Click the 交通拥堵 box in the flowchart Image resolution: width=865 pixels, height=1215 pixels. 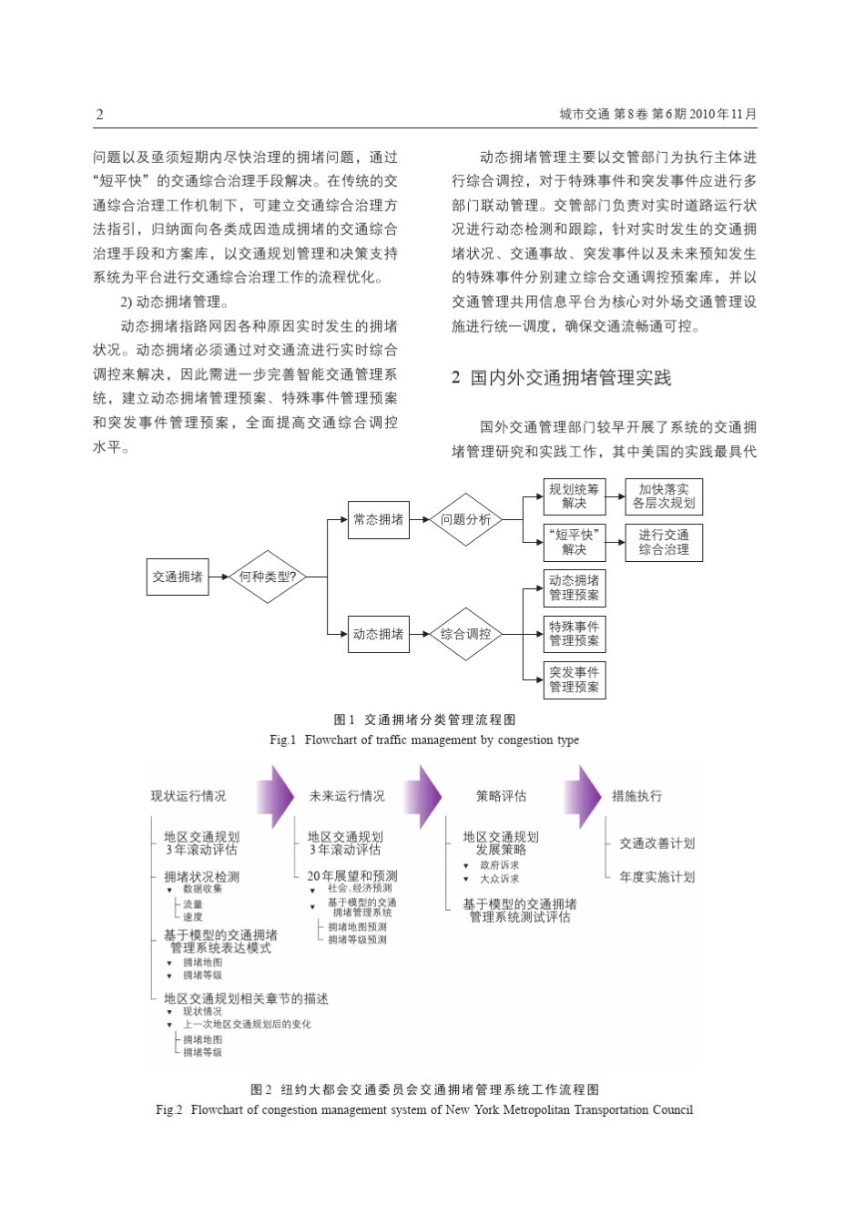[x=178, y=577]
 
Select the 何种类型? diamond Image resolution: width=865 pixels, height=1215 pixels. [x=267, y=577]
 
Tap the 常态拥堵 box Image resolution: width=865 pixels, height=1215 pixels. [x=378, y=519]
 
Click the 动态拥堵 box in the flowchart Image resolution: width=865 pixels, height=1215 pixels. [x=378, y=634]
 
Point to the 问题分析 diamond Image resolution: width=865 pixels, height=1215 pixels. [x=465, y=519]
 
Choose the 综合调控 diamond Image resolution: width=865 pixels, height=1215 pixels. [x=465, y=634]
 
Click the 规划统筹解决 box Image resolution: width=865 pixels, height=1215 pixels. [x=574, y=496]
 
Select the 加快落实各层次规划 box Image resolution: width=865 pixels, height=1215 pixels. [x=664, y=496]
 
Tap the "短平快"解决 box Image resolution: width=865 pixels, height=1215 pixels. [x=574, y=542]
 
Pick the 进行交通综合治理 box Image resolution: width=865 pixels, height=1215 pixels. [x=664, y=542]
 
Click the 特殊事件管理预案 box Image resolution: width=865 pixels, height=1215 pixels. [x=574, y=634]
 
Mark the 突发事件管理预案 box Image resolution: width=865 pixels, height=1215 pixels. [x=574, y=679]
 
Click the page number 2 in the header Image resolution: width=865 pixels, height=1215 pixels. [x=99, y=114]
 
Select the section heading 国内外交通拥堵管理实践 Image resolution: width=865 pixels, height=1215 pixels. [x=571, y=378]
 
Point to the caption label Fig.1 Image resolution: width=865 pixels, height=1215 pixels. [x=283, y=740]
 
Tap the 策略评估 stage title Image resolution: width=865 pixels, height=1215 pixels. [x=501, y=796]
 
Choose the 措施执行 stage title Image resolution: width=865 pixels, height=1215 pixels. [x=636, y=796]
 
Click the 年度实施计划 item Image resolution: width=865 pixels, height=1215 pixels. [x=656, y=876]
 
